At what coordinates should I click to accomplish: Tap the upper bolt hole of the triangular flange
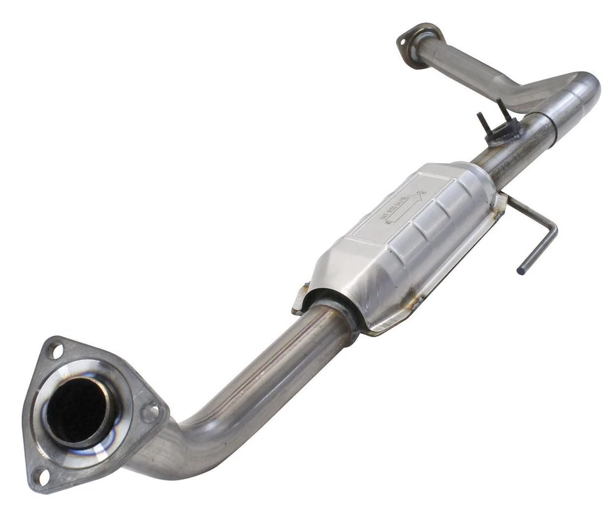point(54,351)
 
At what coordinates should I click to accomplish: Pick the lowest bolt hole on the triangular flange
point(40,475)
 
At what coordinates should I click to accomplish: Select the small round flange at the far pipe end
point(420,43)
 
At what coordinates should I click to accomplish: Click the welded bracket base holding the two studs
point(503,133)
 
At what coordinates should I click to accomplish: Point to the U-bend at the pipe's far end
point(585,90)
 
